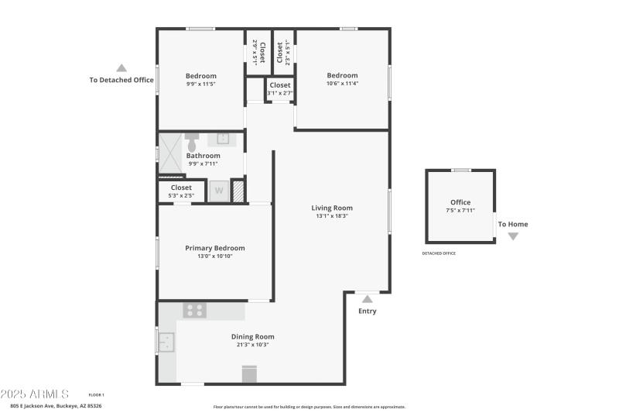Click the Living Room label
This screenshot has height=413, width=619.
click(332, 208)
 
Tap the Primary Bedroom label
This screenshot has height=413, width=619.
click(214, 248)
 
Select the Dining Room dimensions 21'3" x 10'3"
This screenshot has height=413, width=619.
click(252, 345)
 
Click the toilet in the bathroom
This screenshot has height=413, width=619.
click(191, 141)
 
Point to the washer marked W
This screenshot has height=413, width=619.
click(219, 191)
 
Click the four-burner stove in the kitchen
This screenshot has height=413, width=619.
click(194, 310)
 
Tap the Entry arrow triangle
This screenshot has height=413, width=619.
click(367, 298)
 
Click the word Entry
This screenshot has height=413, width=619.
click(367, 311)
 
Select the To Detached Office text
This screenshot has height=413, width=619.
click(121, 80)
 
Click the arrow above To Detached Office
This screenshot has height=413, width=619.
click(121, 67)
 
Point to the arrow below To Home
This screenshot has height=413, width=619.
click(513, 236)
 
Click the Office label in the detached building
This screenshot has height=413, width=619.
click(460, 202)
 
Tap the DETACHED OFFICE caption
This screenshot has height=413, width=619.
click(439, 253)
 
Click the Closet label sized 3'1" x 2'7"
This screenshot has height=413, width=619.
click(280, 85)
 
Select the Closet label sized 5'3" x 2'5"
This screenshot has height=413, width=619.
click(181, 188)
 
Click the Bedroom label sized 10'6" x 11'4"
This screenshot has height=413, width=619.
click(342, 75)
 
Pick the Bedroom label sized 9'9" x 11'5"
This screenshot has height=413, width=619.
click(201, 76)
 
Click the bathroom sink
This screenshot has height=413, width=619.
click(223, 139)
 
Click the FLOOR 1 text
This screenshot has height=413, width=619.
click(96, 395)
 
